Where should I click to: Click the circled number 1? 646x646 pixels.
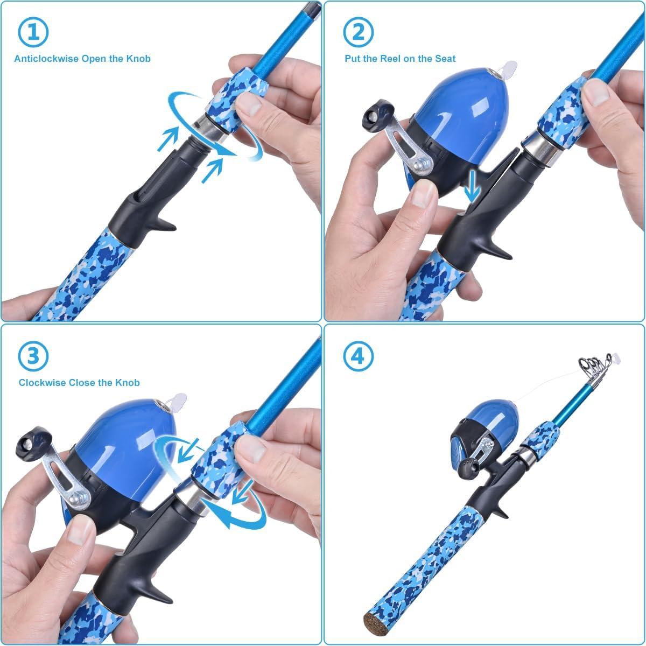pyautogui.click(x=33, y=32)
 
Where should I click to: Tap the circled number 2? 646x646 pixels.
pyautogui.click(x=358, y=32)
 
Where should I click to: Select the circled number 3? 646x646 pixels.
pyautogui.click(x=33, y=355)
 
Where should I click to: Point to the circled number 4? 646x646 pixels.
pyautogui.click(x=358, y=355)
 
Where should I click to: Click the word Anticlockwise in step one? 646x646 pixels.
pyautogui.click(x=46, y=59)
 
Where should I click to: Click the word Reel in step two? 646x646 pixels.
pyautogui.click(x=388, y=59)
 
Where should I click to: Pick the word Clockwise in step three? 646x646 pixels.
pyautogui.click(x=42, y=383)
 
